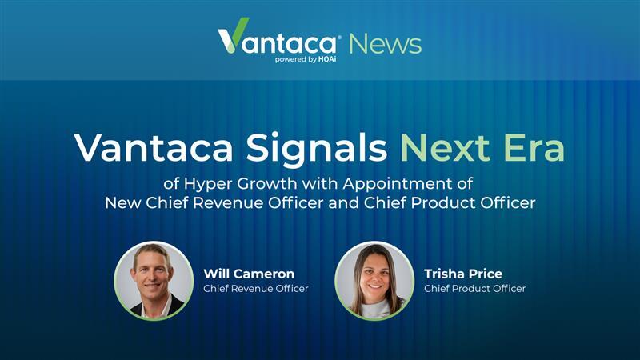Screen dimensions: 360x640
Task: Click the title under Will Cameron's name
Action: (x=255, y=289)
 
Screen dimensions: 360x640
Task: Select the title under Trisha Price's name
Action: (x=474, y=289)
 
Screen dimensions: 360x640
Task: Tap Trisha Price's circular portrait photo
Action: (x=374, y=281)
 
